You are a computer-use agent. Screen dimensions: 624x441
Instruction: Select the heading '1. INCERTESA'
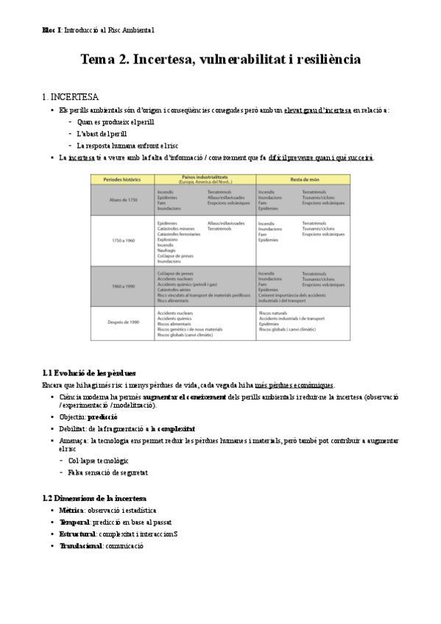click(x=71, y=96)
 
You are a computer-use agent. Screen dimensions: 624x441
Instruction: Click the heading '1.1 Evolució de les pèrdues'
click(x=88, y=373)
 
